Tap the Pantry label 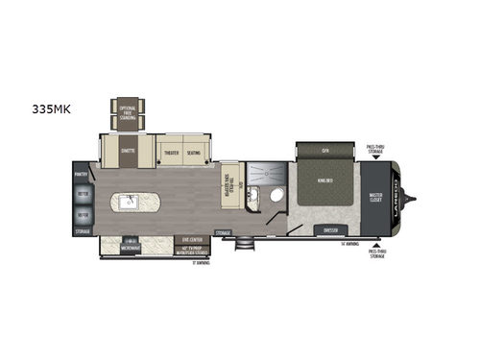pyautogui.click(x=82, y=174)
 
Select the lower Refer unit pyautogui.click(x=82, y=215)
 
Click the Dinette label pyautogui.click(x=128, y=149)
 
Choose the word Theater pyautogui.click(x=172, y=152)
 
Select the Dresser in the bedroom pyautogui.click(x=332, y=231)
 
